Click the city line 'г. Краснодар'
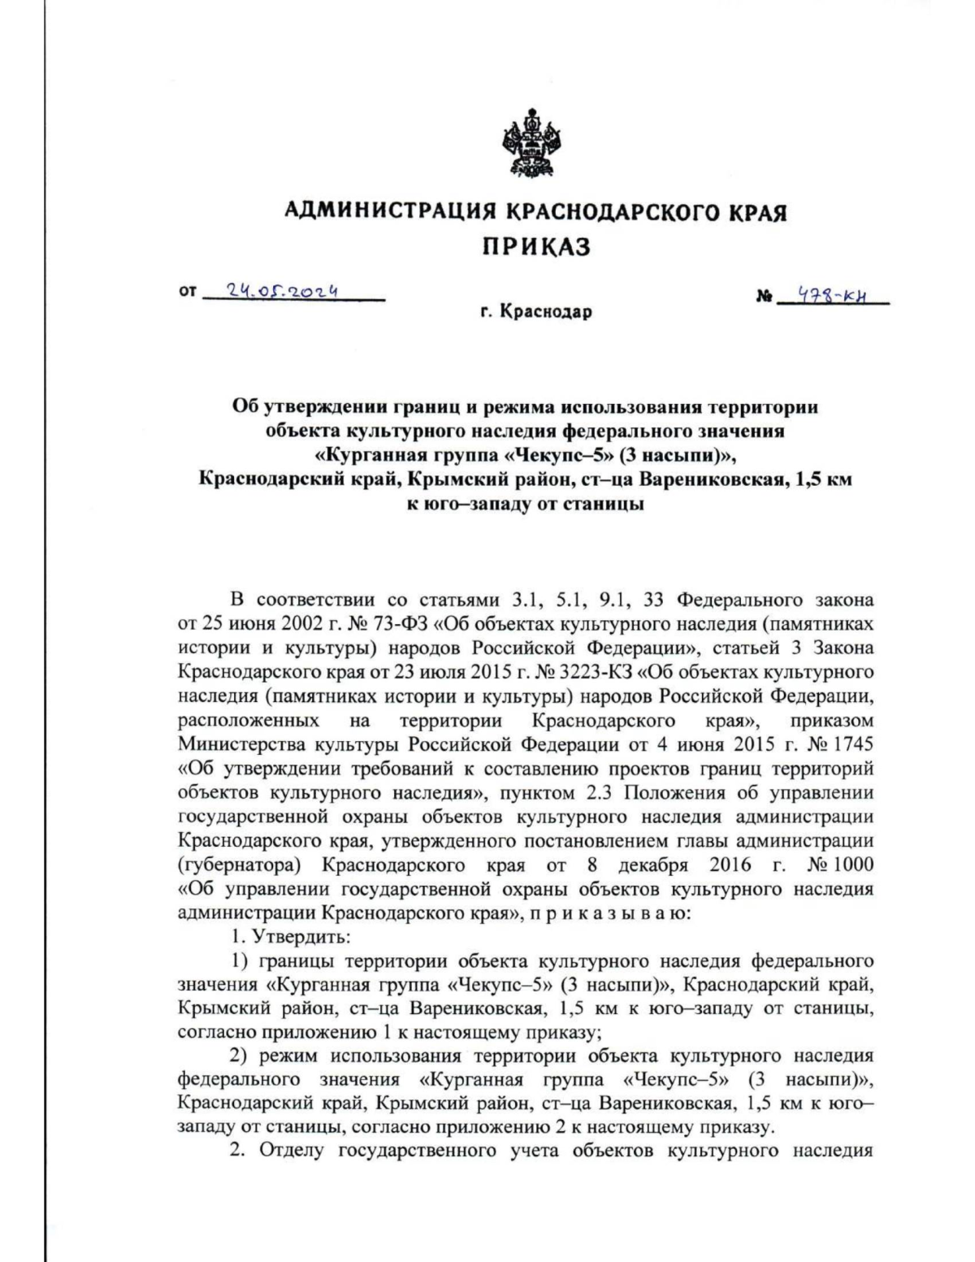(536, 312)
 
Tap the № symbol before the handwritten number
(764, 297)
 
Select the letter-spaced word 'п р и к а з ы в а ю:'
(610, 913)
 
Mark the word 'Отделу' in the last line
(292, 1151)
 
